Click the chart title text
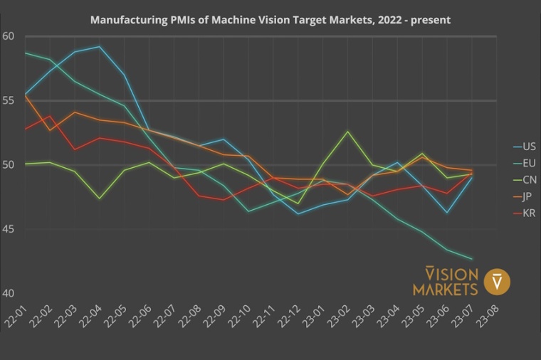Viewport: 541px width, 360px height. pos(270,20)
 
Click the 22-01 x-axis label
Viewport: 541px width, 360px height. pos(16,314)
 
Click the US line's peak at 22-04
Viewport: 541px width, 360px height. pos(100,47)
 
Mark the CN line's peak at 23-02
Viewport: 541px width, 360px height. pos(347,132)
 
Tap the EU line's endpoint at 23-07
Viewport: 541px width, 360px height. pos(471,259)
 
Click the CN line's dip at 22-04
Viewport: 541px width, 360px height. pos(100,198)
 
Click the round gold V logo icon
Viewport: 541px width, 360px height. pos(497,282)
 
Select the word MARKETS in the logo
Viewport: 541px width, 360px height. pos(446,289)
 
